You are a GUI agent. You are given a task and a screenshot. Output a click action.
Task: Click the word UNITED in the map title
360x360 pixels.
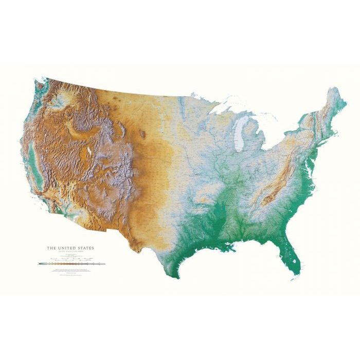coord(69,248)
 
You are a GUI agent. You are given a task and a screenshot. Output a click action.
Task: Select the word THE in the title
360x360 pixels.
coord(51,248)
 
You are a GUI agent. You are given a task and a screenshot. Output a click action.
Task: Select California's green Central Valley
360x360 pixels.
coord(32,154)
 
